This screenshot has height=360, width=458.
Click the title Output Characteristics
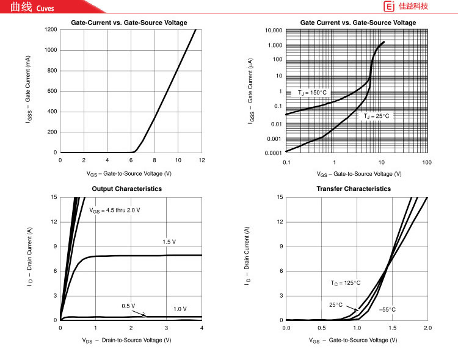[x=126, y=189]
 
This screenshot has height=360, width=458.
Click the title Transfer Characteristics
[x=354, y=189]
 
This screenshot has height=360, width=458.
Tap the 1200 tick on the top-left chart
[x=51, y=30]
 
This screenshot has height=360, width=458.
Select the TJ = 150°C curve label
[x=313, y=93]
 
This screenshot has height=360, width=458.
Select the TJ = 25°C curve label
[x=376, y=116]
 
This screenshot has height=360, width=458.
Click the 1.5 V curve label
[x=169, y=242]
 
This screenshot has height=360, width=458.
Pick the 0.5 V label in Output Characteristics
[x=128, y=306]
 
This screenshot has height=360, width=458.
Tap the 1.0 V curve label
[x=180, y=309]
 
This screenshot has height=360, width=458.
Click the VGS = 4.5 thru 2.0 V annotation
[x=115, y=211]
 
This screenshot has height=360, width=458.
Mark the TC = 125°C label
[x=346, y=283]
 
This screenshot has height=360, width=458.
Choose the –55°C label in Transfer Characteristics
[x=387, y=310]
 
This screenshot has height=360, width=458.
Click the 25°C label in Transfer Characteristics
[x=336, y=304]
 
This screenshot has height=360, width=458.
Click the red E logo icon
[x=388, y=7]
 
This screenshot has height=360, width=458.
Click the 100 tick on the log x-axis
[x=427, y=162]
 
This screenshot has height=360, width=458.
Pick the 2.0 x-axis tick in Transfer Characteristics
[x=427, y=328]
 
